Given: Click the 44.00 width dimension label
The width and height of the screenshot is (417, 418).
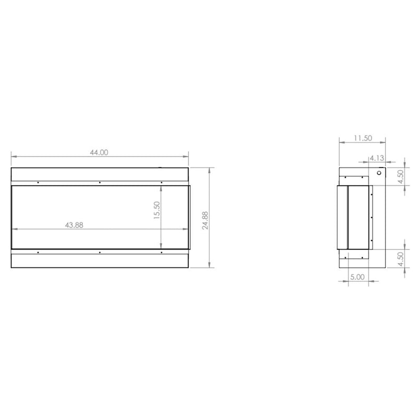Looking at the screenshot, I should pyautogui.click(x=99, y=153).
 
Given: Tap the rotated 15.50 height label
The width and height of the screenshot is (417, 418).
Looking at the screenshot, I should pyautogui.click(x=157, y=211).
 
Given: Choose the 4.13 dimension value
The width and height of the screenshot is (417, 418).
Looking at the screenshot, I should pyautogui.click(x=377, y=157).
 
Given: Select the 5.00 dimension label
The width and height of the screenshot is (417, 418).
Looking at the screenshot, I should pyautogui.click(x=357, y=277).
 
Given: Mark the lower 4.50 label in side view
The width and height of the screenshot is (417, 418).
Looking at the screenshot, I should pyautogui.click(x=400, y=259).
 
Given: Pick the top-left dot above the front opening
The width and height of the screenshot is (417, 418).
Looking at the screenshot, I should pyautogui.click(x=39, y=183).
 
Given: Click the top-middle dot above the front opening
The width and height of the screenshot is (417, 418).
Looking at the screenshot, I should pyautogui.click(x=100, y=183).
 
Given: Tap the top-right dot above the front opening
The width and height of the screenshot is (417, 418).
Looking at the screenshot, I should pyautogui.click(x=162, y=183).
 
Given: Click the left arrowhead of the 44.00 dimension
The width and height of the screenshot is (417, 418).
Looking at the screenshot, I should pyautogui.click(x=13, y=156).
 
